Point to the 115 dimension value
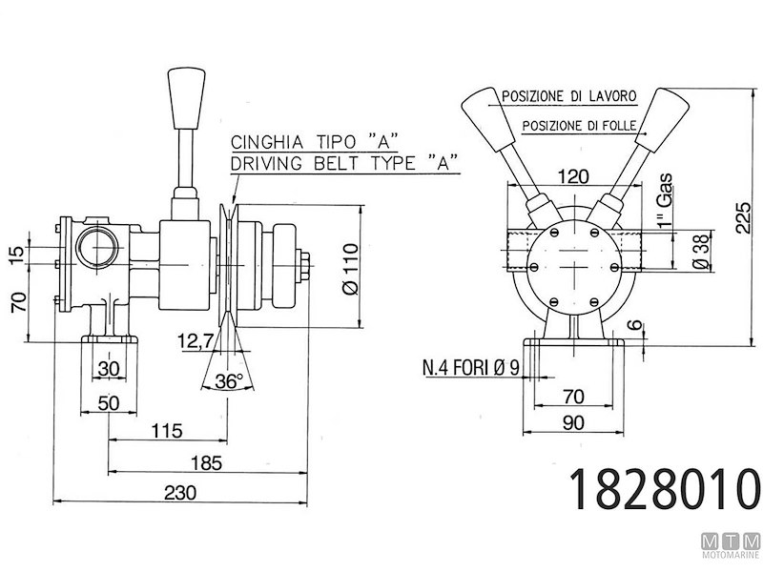tap(166, 431)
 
